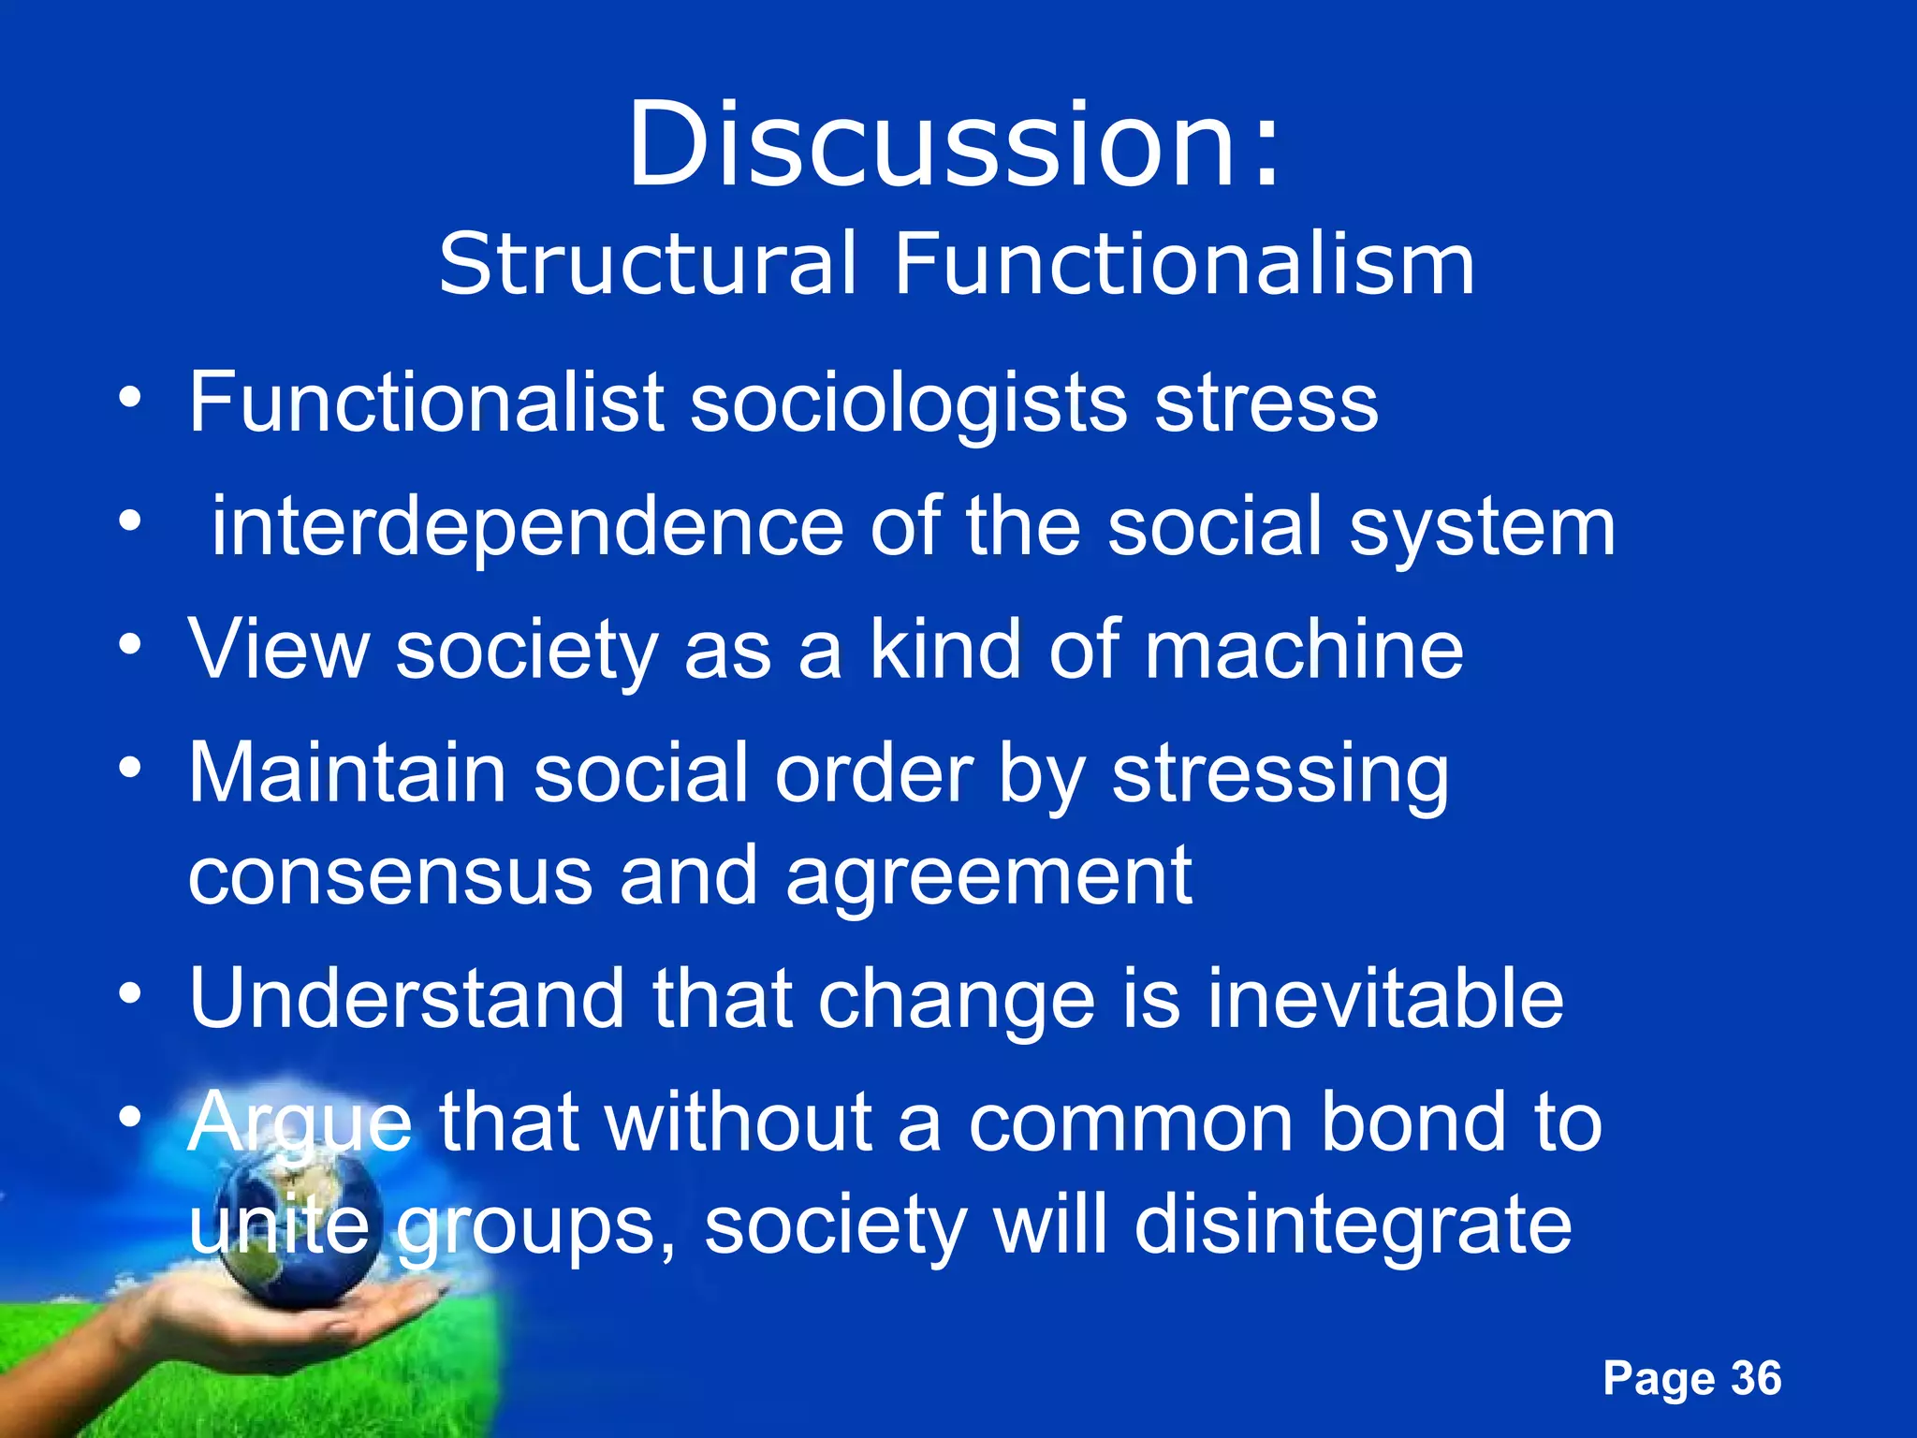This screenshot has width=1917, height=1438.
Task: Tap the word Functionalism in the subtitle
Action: [x=1184, y=264]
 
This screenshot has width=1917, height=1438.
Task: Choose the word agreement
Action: [x=988, y=877]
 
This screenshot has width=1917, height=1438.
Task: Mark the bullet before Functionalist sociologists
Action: [x=130, y=398]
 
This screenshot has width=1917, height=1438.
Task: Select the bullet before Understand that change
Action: [x=130, y=992]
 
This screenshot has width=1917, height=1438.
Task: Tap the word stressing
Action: [x=1280, y=775]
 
